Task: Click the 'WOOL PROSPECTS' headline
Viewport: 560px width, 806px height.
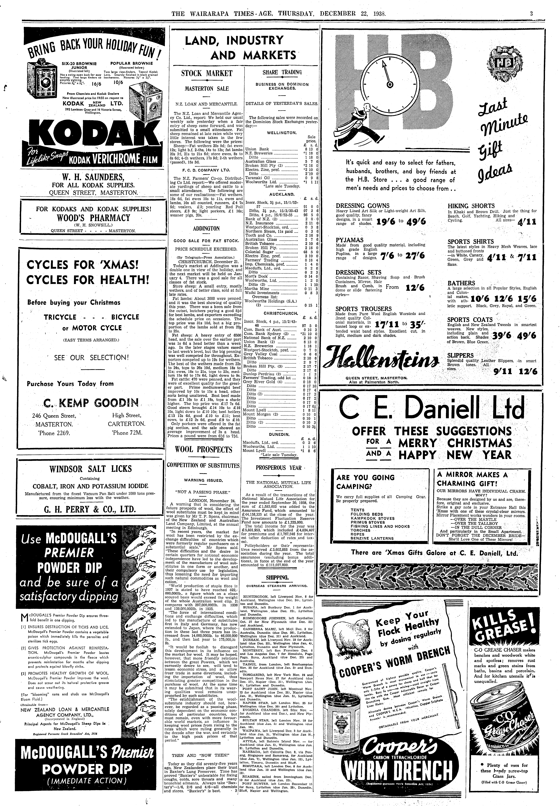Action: [x=204, y=450]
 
